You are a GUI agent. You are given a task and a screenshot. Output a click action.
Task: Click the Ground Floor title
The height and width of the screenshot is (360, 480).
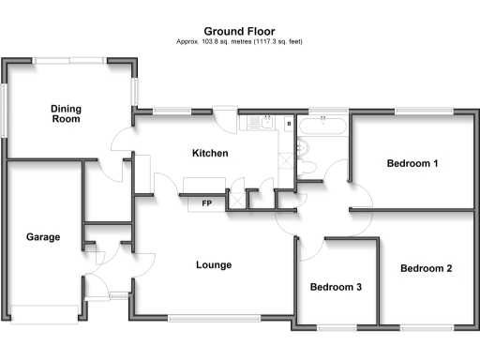tap(239, 30)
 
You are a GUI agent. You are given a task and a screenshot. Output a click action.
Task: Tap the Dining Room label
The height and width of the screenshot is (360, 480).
tap(66, 113)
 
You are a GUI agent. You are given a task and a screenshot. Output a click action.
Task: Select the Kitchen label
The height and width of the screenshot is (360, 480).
tap(210, 154)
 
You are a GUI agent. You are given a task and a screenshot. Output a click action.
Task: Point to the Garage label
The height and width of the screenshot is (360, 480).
tap(43, 237)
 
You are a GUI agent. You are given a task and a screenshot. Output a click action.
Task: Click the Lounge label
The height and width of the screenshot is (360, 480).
tap(214, 264)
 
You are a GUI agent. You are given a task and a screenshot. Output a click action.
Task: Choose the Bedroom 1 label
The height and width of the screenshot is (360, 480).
tap(412, 164)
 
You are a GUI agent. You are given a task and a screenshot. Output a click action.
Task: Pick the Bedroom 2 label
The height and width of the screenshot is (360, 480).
tap(426, 268)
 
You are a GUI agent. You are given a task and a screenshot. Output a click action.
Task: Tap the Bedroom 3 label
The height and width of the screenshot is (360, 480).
tap(337, 287)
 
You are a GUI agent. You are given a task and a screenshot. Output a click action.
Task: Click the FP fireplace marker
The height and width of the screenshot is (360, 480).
tap(206, 202)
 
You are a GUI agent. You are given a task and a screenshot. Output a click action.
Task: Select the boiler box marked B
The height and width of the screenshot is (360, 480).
tap(289, 124)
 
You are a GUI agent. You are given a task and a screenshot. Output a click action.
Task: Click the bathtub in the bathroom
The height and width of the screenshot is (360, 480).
tap(322, 123)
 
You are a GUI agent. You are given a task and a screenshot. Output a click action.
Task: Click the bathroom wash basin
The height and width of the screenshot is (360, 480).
tap(312, 168)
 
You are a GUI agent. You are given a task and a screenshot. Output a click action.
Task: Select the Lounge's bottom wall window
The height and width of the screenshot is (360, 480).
tap(217, 317)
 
